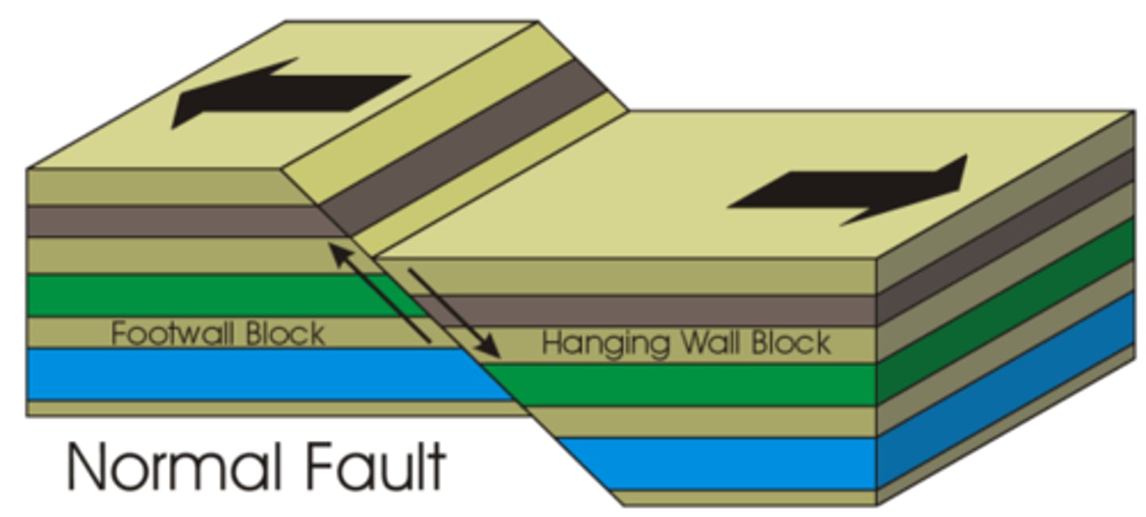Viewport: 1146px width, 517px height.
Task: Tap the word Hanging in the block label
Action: [604, 344]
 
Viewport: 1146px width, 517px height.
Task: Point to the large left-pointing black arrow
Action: [286, 90]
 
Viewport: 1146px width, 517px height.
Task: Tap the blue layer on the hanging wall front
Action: [716, 463]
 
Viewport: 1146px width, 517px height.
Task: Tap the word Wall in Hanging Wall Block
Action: [713, 344]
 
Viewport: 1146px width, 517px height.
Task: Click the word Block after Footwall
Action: [285, 333]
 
